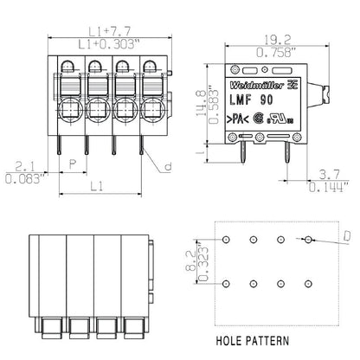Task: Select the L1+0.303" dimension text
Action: (105, 42)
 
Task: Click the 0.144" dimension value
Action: (331, 185)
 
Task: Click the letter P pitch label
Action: (72, 164)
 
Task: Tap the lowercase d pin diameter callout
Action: (169, 166)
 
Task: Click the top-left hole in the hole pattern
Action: (226, 239)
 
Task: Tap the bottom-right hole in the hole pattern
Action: (307, 283)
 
